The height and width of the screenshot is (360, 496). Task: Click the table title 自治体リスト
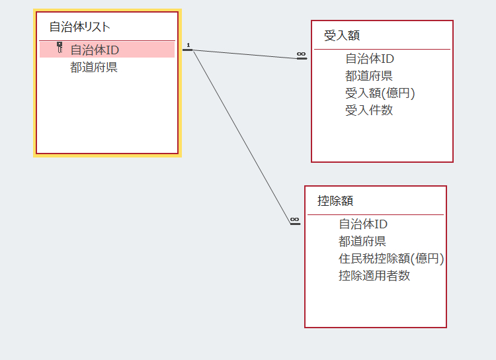tap(80, 27)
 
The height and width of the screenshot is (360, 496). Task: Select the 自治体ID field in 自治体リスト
tap(95, 50)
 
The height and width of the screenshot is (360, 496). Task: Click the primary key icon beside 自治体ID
tap(60, 48)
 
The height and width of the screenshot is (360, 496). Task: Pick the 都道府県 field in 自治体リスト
tap(94, 67)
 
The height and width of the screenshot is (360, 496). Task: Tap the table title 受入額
tap(342, 36)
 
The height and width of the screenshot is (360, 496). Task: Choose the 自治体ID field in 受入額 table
tap(370, 59)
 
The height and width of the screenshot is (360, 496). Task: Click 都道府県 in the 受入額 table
tap(369, 75)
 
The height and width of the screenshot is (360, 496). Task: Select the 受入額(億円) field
tap(380, 93)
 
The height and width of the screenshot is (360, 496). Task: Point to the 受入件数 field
tap(369, 111)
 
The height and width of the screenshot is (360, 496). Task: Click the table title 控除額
tap(335, 201)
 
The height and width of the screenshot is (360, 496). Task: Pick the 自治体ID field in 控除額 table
tap(363, 224)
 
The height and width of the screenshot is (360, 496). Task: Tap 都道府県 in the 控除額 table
tap(362, 242)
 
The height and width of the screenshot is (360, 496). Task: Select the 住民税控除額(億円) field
tap(392, 259)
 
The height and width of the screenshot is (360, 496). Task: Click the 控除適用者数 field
tap(374, 276)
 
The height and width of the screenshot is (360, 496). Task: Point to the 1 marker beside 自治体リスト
tap(188, 45)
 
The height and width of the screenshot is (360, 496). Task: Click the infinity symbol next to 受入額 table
tap(301, 54)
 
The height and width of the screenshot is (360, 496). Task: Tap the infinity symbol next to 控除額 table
tap(294, 220)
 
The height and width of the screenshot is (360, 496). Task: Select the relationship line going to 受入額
tap(245, 54)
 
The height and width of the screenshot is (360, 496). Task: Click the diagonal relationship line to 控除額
tap(241, 137)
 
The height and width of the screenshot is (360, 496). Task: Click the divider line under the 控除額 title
tap(376, 214)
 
